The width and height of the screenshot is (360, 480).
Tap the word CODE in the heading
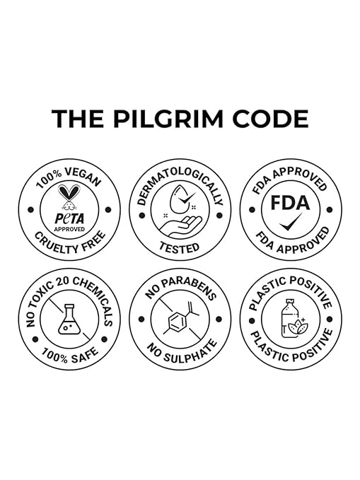click(x=270, y=119)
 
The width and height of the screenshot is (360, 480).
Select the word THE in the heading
click(x=78, y=119)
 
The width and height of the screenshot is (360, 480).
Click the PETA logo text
click(x=69, y=218)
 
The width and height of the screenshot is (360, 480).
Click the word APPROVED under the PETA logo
click(x=69, y=229)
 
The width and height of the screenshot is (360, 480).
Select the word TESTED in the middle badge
click(x=180, y=247)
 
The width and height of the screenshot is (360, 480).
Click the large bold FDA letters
click(x=290, y=203)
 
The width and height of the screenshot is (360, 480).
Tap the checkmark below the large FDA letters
click(x=291, y=222)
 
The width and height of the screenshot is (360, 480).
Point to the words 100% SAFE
click(x=70, y=355)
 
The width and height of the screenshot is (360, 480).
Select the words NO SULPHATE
click(x=182, y=352)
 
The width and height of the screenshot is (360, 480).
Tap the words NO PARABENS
click(x=181, y=288)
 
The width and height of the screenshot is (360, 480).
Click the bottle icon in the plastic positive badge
click(x=288, y=318)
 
